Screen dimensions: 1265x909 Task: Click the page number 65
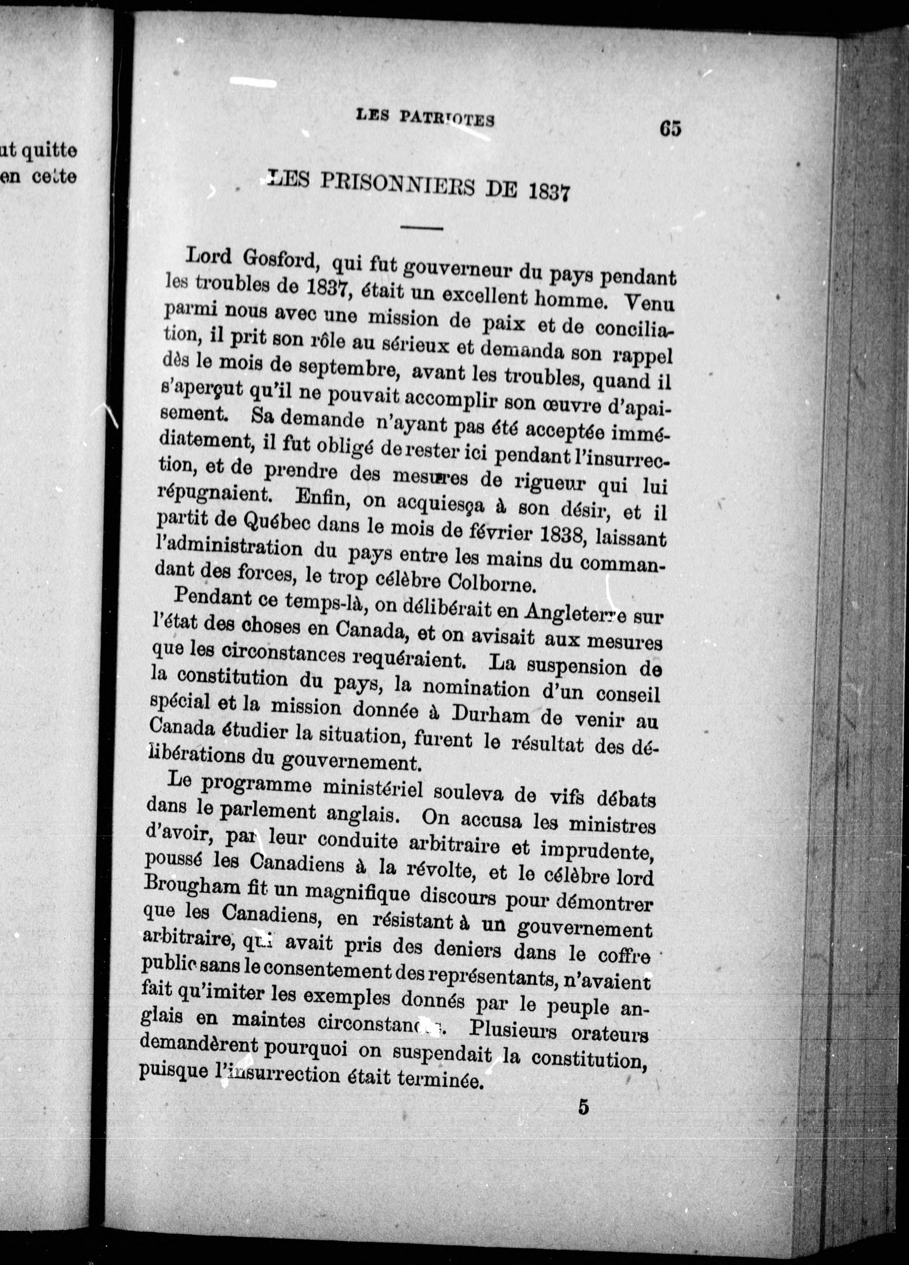pyautogui.click(x=670, y=129)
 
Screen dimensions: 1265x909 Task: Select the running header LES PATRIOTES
pyautogui.click(x=425, y=118)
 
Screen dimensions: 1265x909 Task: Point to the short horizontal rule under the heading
pyautogui.click(x=421, y=228)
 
